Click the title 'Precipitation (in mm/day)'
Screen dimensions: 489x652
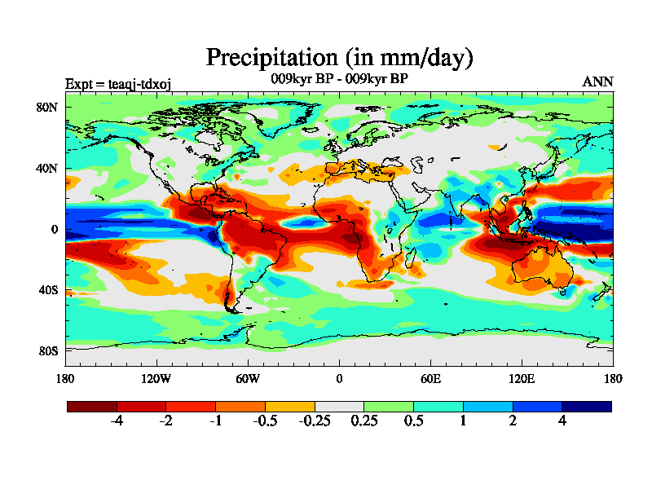(x=340, y=58)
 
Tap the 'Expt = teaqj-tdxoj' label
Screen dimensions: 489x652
(x=117, y=82)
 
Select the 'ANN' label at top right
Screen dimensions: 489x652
(x=597, y=81)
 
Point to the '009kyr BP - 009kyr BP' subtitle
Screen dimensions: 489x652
(x=339, y=79)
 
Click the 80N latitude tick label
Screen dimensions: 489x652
(x=47, y=107)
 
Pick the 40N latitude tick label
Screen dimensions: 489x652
(x=47, y=168)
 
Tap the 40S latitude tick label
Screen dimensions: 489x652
(x=47, y=290)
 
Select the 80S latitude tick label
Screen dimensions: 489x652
(x=47, y=351)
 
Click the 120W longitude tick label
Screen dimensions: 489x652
(x=156, y=378)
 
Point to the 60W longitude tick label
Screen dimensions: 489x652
(x=248, y=378)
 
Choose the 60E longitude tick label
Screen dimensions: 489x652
(x=430, y=378)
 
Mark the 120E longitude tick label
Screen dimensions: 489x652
(x=522, y=378)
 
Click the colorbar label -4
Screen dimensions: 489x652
(x=117, y=421)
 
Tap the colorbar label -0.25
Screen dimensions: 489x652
(x=315, y=421)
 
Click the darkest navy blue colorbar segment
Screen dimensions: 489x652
(x=586, y=406)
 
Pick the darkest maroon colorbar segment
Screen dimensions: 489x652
(x=92, y=406)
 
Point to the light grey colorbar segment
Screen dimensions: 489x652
(x=339, y=406)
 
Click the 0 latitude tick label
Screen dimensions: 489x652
(x=54, y=229)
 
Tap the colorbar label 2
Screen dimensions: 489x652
(x=513, y=421)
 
